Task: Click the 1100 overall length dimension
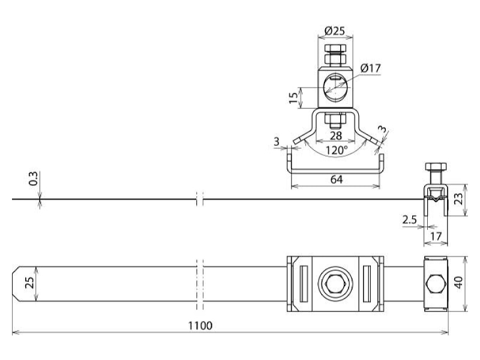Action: [x=200, y=325]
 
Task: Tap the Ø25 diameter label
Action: [x=335, y=31]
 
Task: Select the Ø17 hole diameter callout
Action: [x=370, y=68]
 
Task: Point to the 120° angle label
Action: [x=336, y=150]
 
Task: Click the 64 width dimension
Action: [x=337, y=179]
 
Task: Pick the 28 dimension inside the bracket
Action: [x=335, y=136]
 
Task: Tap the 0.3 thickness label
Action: [x=33, y=178]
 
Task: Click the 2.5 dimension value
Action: [x=410, y=220]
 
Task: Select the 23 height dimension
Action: [x=458, y=200]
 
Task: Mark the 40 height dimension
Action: [x=458, y=283]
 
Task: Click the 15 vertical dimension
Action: [x=293, y=97]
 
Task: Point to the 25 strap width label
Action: [x=29, y=283]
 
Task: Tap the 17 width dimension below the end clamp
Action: [x=436, y=236]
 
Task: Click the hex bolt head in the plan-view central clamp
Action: [x=335, y=283]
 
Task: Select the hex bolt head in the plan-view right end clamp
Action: [x=436, y=284]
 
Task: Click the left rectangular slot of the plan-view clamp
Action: [x=304, y=283]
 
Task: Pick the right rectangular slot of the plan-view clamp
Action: [x=367, y=283]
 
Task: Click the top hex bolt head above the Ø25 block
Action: [x=335, y=49]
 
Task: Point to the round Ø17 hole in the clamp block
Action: [x=335, y=88]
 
